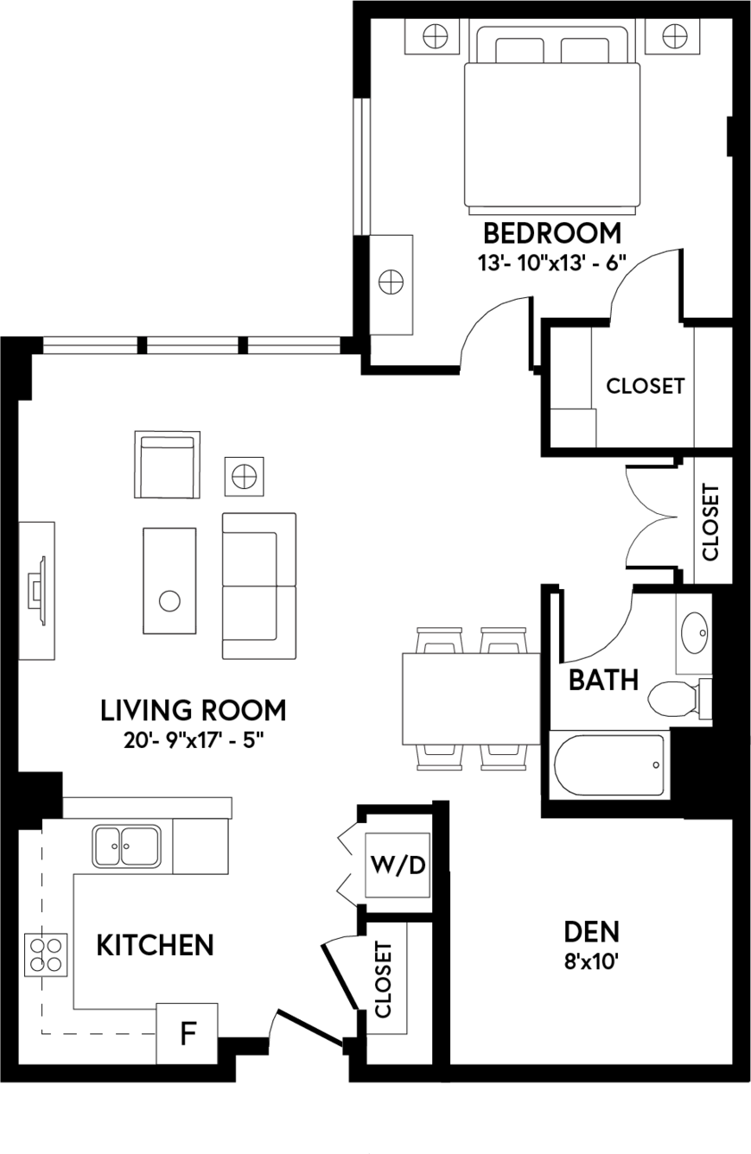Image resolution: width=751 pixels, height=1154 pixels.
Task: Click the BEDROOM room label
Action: [x=552, y=233]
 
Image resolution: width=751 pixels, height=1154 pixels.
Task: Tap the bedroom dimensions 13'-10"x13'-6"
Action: [x=552, y=263]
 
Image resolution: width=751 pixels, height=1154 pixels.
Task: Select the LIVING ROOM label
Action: [x=194, y=710]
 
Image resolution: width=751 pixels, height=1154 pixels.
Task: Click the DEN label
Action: [x=592, y=932]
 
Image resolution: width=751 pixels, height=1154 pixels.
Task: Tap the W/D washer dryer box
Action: [x=398, y=865]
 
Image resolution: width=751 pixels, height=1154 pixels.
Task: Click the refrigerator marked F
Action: [x=187, y=1033]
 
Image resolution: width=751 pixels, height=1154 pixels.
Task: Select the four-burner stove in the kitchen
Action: [x=46, y=954]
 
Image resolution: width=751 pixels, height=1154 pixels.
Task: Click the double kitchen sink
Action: [x=126, y=846]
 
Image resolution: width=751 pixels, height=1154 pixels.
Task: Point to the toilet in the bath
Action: [x=679, y=700]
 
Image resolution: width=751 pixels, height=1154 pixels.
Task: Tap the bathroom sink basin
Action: [x=694, y=632]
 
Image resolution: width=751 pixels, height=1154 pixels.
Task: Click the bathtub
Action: [x=609, y=764]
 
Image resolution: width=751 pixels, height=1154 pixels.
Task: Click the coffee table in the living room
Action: [x=169, y=580]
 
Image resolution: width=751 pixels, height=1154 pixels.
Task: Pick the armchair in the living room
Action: [x=168, y=465]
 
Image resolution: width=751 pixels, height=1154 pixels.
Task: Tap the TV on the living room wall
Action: [x=38, y=591]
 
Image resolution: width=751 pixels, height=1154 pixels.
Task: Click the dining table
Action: [x=471, y=699]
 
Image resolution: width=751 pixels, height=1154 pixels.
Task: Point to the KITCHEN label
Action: [x=156, y=945]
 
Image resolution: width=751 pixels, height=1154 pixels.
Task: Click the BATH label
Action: [x=603, y=680]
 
